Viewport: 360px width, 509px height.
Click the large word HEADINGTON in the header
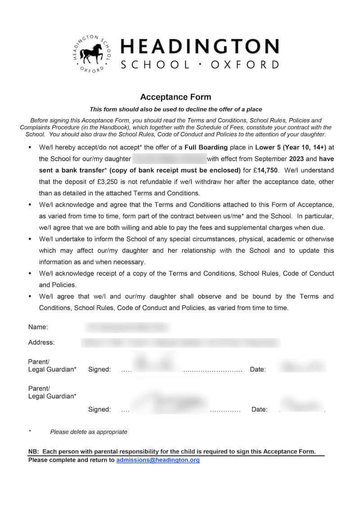pyautogui.click(x=200, y=47)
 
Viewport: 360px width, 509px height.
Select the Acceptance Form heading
pyautogui.click(x=175, y=97)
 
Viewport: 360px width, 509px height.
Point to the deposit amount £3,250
pyautogui.click(x=112, y=182)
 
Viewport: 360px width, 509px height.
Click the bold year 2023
pyautogui.click(x=297, y=159)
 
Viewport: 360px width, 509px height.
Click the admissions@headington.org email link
pyautogui.click(x=158, y=460)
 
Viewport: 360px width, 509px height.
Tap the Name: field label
pyautogui.click(x=38, y=327)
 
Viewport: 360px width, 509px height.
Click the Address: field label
pyautogui.click(x=41, y=342)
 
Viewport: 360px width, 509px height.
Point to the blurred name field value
pyautogui.click(x=127, y=327)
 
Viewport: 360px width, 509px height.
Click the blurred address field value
pyautogui.click(x=180, y=343)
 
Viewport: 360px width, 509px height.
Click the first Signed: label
pyautogui.click(x=99, y=369)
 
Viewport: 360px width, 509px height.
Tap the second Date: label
pyautogui.click(x=259, y=409)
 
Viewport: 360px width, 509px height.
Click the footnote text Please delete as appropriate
pyautogui.click(x=89, y=432)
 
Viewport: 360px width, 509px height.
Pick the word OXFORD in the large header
pyautogui.click(x=245, y=64)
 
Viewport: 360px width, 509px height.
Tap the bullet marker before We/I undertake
pyautogui.click(x=30, y=239)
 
